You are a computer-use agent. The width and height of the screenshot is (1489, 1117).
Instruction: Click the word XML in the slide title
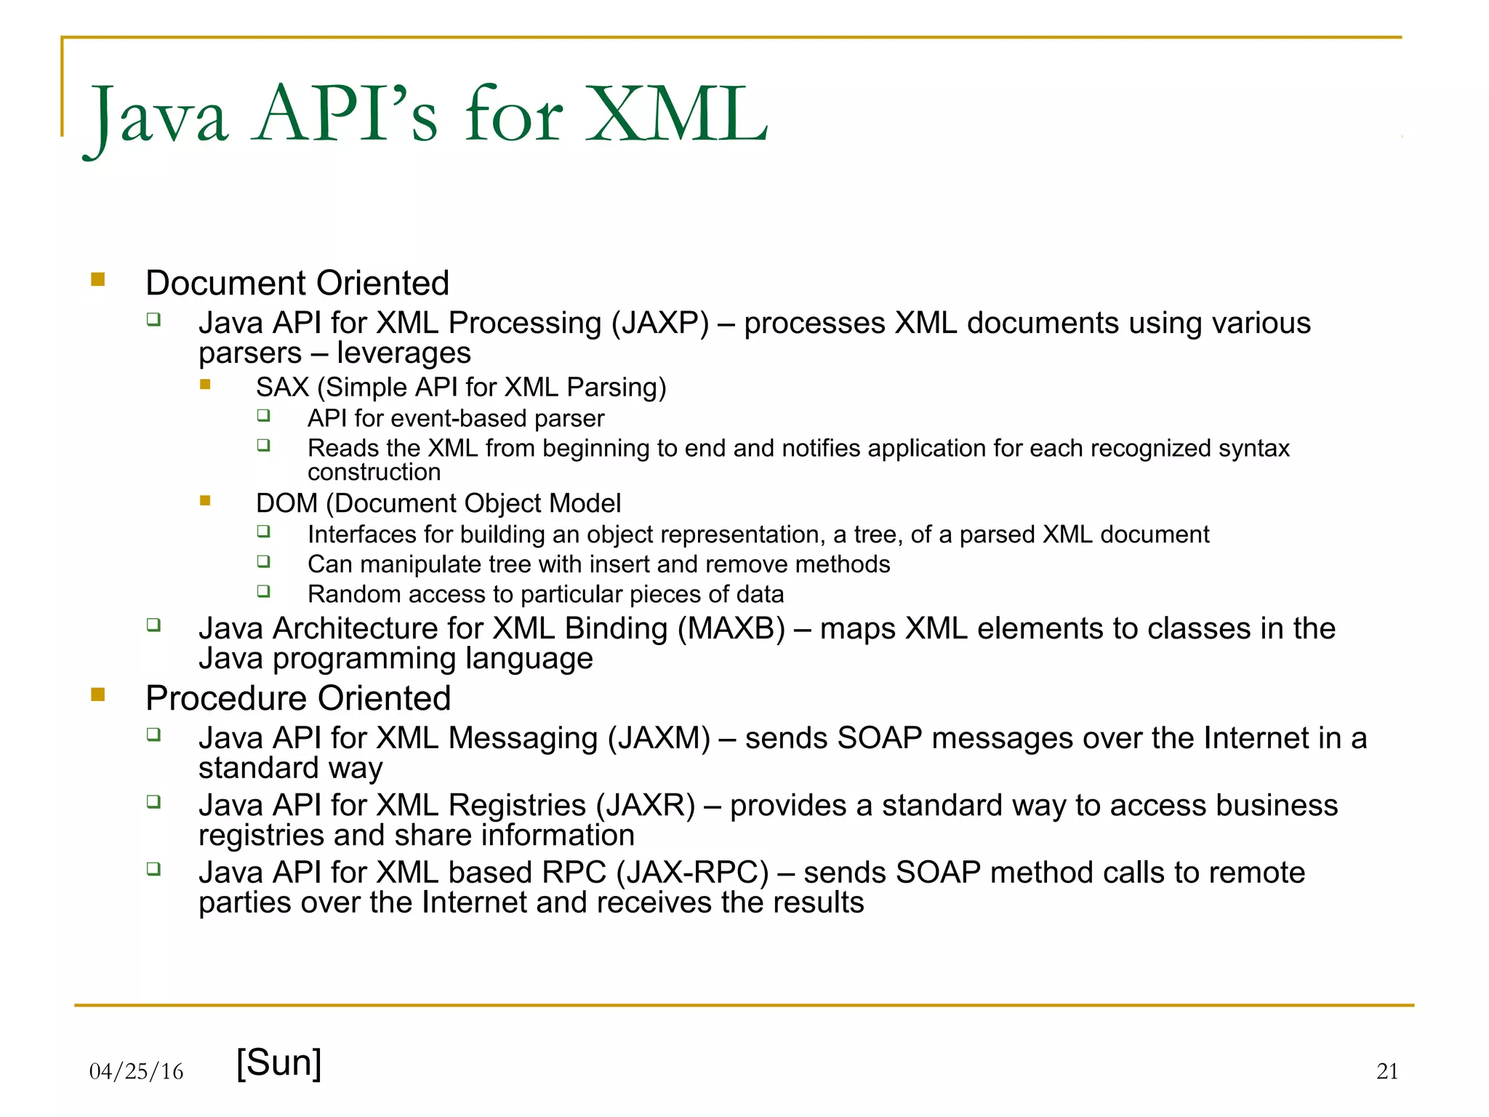coord(676,114)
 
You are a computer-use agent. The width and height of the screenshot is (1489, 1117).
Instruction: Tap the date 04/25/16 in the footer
coord(136,1071)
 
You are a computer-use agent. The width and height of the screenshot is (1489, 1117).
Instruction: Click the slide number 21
coord(1386,1071)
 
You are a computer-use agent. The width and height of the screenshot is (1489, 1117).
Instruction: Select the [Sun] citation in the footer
coord(279,1062)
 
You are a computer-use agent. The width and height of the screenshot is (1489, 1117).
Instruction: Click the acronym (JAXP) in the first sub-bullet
coord(659,323)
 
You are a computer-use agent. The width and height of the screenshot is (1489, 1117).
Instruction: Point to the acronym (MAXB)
coord(731,628)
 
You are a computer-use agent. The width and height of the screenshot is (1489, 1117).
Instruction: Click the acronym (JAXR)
coord(646,806)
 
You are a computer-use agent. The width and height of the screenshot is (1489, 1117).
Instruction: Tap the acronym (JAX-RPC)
coord(692,873)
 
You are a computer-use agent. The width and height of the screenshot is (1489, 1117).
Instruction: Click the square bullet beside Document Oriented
coord(98,279)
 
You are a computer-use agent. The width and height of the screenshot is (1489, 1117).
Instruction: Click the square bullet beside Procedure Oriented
coord(98,694)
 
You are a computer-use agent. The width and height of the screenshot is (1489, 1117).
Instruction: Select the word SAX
coord(282,388)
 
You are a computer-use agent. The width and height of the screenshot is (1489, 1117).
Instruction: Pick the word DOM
coord(286,503)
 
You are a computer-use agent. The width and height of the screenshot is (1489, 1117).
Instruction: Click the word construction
coord(374,473)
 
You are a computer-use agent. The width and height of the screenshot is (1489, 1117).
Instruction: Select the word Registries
coord(517,806)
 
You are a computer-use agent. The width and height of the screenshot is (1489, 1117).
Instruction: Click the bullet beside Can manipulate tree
coord(263,561)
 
